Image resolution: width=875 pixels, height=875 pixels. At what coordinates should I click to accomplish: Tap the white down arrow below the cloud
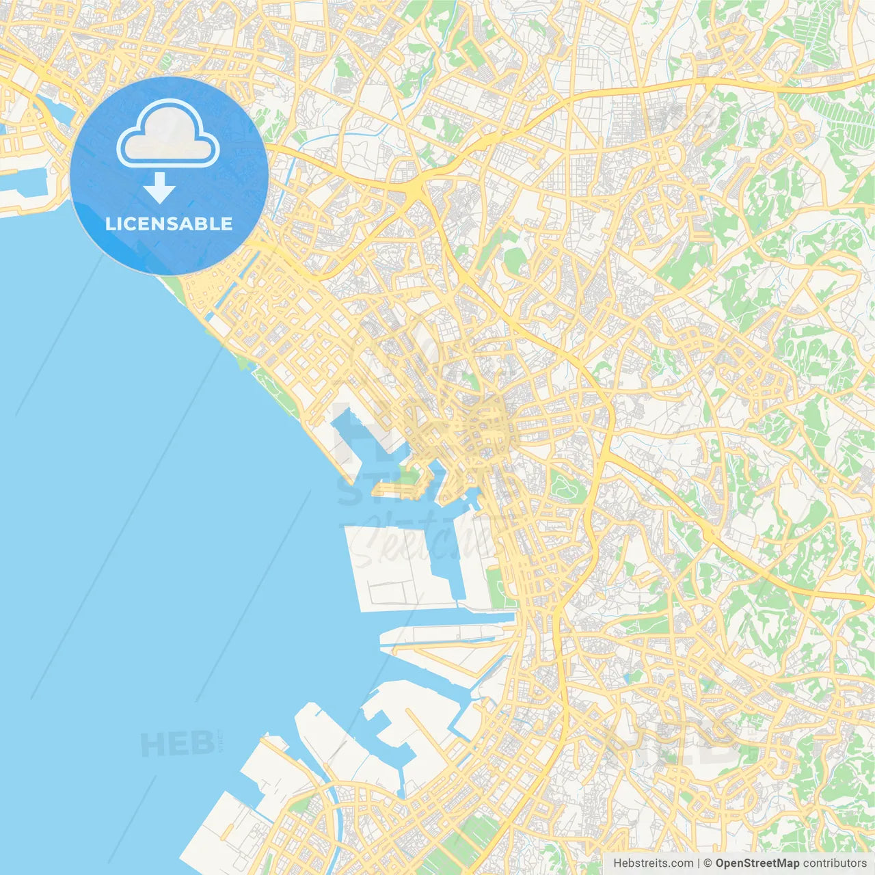pyautogui.click(x=159, y=188)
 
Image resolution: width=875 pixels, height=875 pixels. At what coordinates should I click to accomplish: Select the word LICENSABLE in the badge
pyautogui.click(x=169, y=224)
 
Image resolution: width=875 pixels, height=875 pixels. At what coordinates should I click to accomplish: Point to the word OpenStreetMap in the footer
pyautogui.click(x=757, y=863)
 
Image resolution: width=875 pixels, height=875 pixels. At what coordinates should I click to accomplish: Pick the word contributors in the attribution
pyautogui.click(x=835, y=863)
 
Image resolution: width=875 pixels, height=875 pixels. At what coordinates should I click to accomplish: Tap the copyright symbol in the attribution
pyautogui.click(x=708, y=863)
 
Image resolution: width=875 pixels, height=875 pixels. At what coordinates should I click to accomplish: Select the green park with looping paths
pyautogui.click(x=565, y=487)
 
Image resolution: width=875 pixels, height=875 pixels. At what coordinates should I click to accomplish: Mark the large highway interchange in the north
pyautogui.click(x=415, y=188)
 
